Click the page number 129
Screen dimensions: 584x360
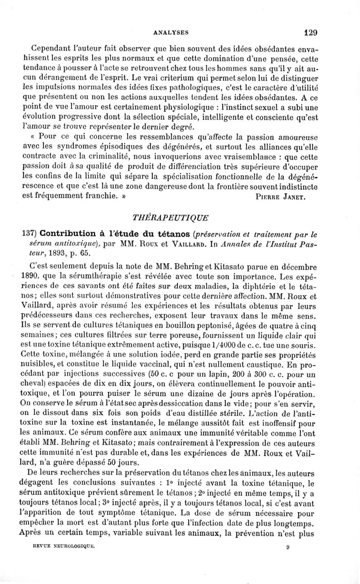pos(311,32)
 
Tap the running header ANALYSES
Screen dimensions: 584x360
pos(171,32)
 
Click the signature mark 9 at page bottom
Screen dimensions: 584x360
pos(287,570)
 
